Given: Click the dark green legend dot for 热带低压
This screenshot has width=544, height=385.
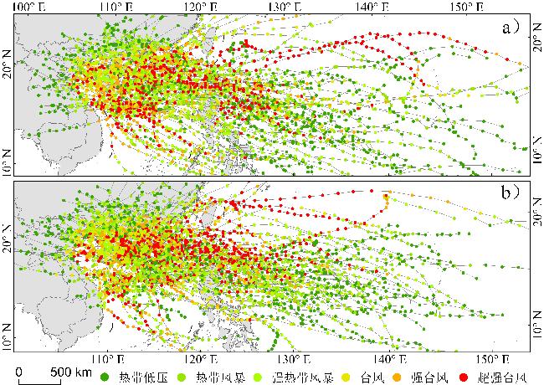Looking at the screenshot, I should tap(104, 377).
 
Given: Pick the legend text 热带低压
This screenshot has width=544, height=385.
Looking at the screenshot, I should tap(134, 377).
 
